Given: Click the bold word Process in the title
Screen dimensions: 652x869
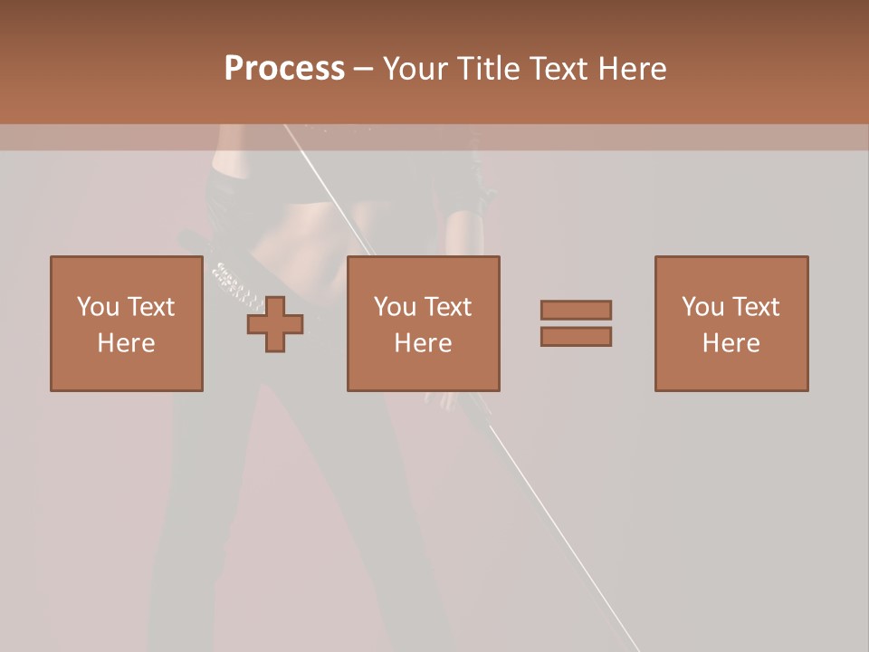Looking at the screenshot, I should pyautogui.click(x=284, y=69).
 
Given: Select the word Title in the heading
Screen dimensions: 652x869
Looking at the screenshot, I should pyautogui.click(x=487, y=69).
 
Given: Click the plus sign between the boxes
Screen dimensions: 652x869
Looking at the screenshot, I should pyautogui.click(x=275, y=323).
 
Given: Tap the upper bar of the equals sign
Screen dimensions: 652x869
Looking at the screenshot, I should pyautogui.click(x=576, y=310).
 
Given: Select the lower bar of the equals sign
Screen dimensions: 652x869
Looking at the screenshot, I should pyautogui.click(x=576, y=337).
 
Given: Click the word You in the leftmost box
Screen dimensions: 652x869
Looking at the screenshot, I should pyautogui.click(x=98, y=307).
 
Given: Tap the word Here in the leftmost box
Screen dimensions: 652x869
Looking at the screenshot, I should pyautogui.click(x=126, y=343).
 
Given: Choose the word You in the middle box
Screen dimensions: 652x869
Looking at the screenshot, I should pyautogui.click(x=396, y=307).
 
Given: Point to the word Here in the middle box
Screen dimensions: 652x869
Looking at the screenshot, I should pyautogui.click(x=423, y=343).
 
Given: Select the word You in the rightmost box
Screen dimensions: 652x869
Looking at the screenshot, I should pyautogui.click(x=702, y=307).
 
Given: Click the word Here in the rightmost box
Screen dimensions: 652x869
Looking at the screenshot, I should pyautogui.click(x=731, y=343).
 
